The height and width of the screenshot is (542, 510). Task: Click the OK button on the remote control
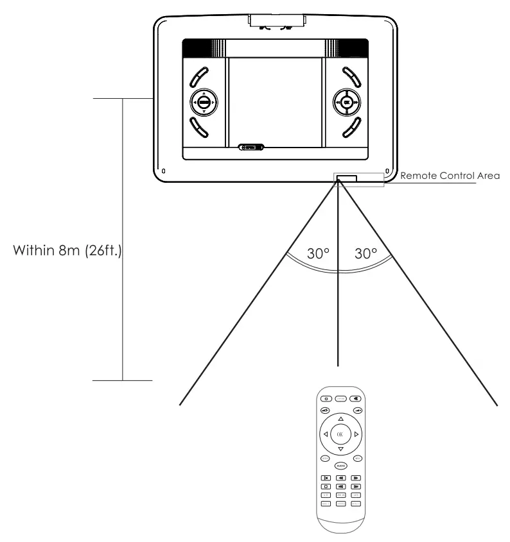[340, 434]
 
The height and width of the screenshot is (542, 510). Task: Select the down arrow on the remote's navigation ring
[340, 449]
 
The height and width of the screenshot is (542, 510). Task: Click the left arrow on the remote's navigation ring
[326, 434]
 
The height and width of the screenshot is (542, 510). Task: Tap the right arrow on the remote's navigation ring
[355, 434]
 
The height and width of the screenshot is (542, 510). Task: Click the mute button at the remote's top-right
[355, 398]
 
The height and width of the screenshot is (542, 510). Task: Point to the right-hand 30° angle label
[365, 253]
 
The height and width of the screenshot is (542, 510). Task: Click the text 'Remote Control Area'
[436, 174]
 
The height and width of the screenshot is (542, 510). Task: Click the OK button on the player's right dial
[347, 102]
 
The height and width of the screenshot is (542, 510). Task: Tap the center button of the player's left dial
[204, 102]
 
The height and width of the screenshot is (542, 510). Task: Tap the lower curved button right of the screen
[353, 128]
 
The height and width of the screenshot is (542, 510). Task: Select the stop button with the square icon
[326, 486]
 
